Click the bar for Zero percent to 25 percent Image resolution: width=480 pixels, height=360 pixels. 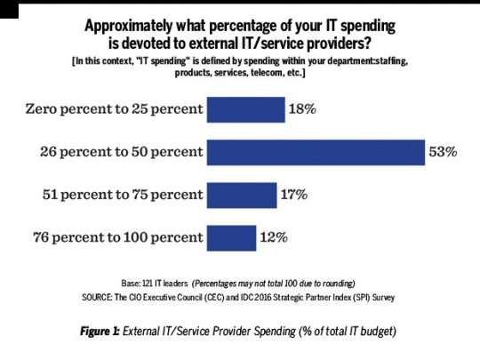tap(244, 110)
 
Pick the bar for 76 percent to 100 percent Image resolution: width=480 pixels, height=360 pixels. tap(231, 237)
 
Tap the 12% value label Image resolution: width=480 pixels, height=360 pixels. tap(273, 237)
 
